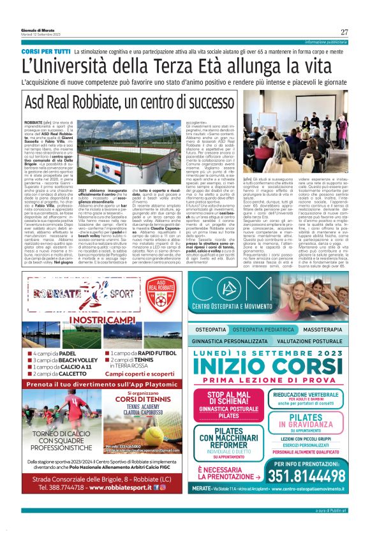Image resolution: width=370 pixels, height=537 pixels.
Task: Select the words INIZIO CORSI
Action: click(274, 367)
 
